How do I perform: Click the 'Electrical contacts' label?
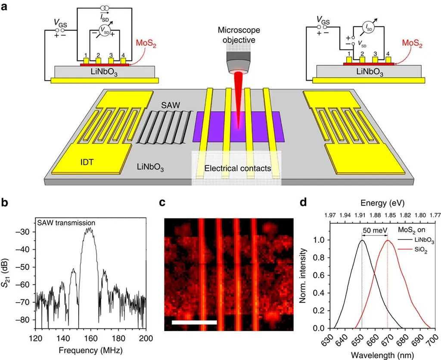click(238, 168)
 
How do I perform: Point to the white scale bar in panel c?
click(194, 322)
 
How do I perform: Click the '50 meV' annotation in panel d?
click(374, 230)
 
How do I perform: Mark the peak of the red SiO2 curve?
click(388, 241)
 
